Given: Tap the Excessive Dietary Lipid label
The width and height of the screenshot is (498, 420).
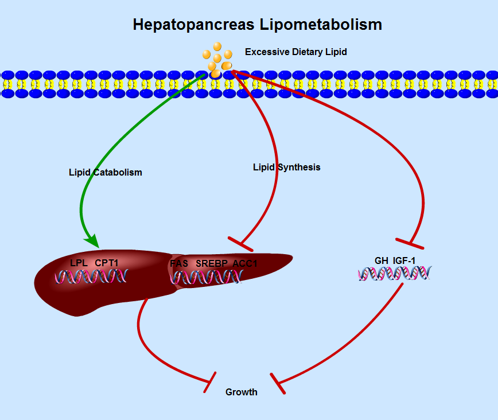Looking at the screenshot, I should [295, 52].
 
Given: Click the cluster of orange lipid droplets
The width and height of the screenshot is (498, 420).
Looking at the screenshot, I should [217, 59].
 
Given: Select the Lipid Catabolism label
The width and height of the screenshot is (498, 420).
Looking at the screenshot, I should [105, 172].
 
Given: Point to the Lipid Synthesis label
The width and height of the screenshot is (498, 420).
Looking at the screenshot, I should [286, 168].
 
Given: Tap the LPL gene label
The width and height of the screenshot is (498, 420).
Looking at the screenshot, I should [78, 263].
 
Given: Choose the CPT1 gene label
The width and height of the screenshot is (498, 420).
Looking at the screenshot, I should [107, 263].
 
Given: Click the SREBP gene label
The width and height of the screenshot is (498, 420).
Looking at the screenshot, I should [212, 263].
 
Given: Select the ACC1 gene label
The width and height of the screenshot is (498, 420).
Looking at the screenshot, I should [245, 263].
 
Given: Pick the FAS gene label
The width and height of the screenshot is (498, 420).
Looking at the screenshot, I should [179, 263].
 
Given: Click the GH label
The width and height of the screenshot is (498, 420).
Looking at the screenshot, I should [382, 260].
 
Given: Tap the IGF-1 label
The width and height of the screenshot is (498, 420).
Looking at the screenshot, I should [404, 260].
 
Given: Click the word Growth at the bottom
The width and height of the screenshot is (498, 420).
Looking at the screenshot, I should [241, 392].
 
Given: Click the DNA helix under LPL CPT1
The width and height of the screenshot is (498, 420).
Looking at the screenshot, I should [91, 277].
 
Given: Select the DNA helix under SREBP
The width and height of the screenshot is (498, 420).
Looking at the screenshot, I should [207, 277].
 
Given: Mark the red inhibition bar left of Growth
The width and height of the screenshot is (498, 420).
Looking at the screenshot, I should [210, 382].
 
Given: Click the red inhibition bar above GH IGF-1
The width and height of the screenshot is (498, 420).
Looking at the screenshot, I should [410, 243].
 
